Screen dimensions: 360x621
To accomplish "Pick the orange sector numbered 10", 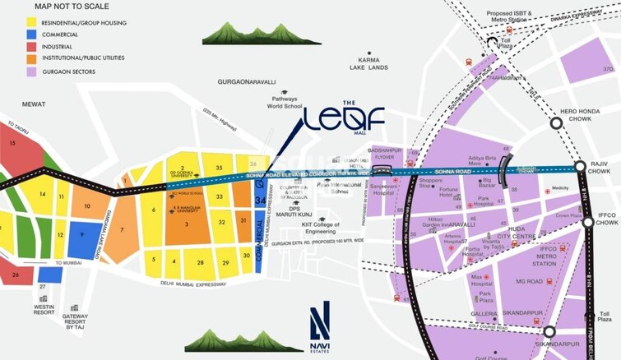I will pos(86,205).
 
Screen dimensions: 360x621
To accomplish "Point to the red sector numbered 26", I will pos(16,275).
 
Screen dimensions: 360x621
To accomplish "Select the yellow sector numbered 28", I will pos(200,262).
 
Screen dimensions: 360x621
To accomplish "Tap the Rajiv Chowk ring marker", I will pos(580,167).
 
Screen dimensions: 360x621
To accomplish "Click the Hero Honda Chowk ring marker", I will pos(556,122).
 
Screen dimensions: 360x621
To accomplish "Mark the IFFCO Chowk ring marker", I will pos(587,223).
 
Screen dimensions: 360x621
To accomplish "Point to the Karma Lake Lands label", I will pos(367,64).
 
